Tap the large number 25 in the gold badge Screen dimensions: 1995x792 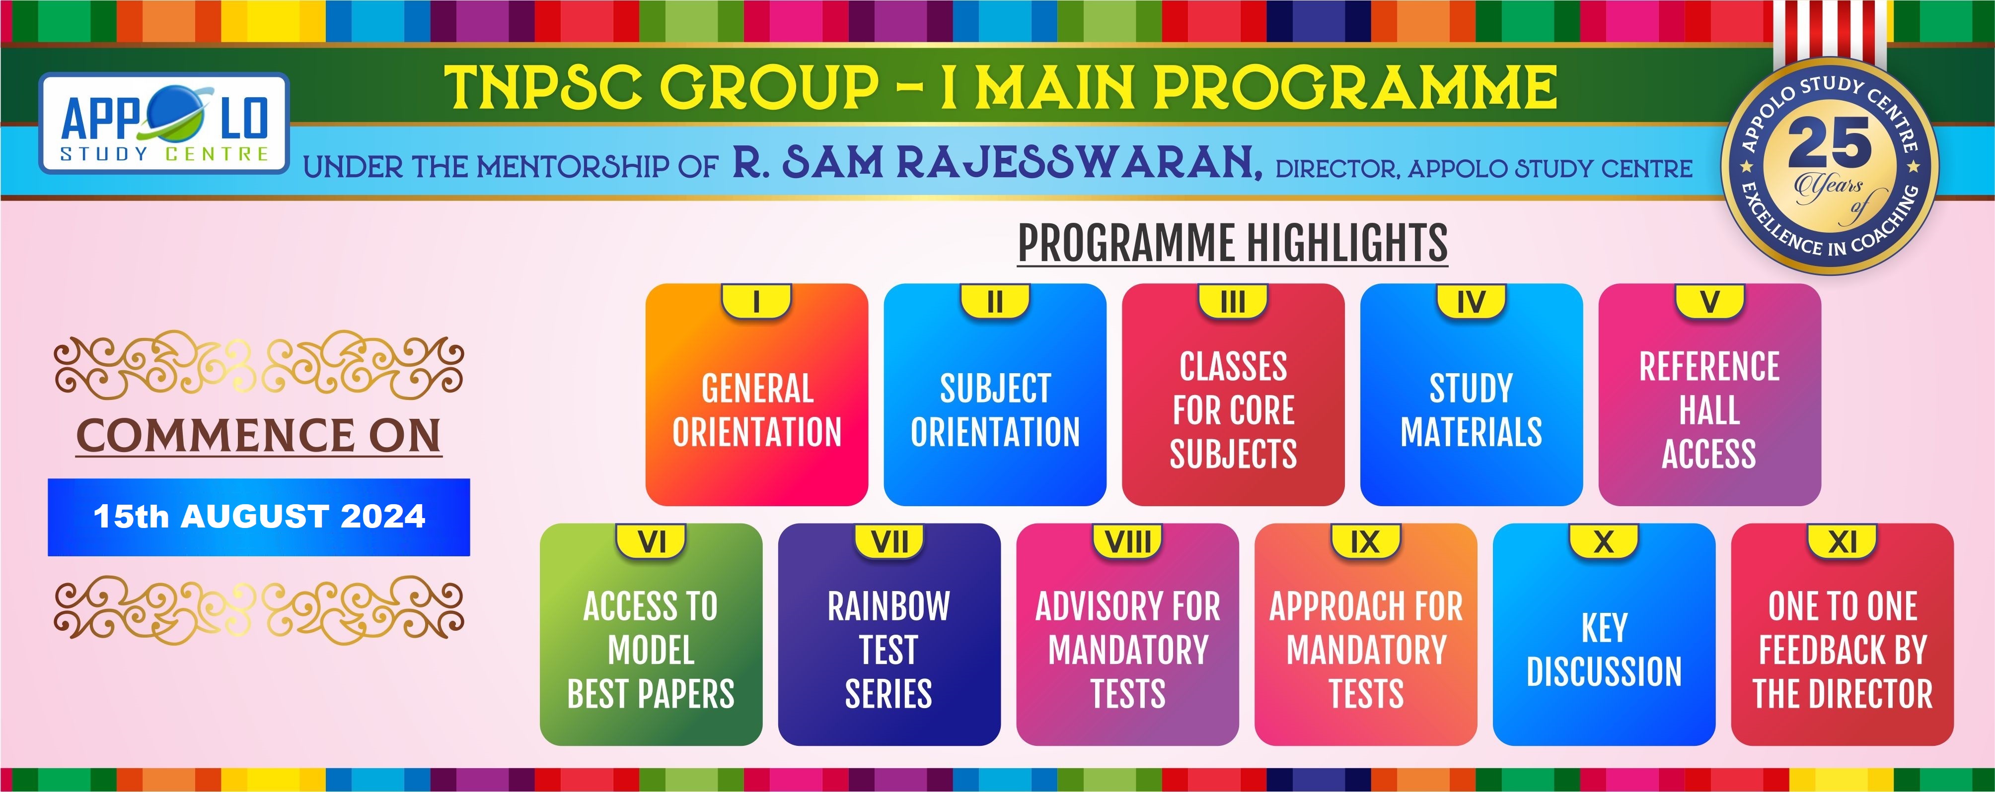1829,144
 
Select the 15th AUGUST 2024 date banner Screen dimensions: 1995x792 259,517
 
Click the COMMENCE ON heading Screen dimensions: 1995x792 259,435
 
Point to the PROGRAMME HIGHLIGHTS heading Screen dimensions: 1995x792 1232,243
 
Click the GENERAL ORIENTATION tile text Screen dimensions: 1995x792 757,410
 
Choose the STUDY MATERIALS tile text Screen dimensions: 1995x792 1471,410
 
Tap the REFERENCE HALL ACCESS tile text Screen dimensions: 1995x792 1709,410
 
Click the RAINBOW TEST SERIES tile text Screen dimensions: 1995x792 888,650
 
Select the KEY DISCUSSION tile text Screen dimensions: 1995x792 1604,650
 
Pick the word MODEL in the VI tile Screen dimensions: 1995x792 651,650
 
